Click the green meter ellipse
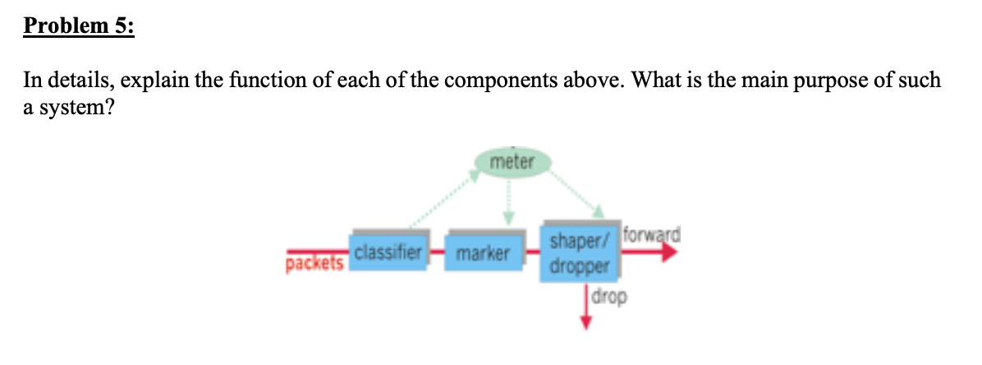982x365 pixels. (x=511, y=163)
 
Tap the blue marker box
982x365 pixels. (x=482, y=253)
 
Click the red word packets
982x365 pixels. (x=314, y=263)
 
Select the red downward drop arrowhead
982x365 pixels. (x=585, y=322)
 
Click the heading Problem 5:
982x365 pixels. (x=79, y=27)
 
